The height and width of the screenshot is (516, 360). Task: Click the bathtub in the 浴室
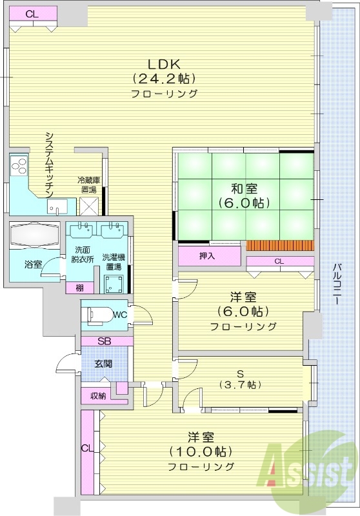[x=34, y=234]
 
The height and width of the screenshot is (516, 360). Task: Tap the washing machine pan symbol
[x=114, y=282]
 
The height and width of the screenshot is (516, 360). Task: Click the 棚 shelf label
[x=79, y=288]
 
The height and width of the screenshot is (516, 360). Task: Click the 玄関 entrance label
[x=103, y=364]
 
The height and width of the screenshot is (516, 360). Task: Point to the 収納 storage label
[x=97, y=395]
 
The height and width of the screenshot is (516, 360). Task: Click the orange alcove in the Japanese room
[x=280, y=246]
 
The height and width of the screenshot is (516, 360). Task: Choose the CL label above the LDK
[x=32, y=14]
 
